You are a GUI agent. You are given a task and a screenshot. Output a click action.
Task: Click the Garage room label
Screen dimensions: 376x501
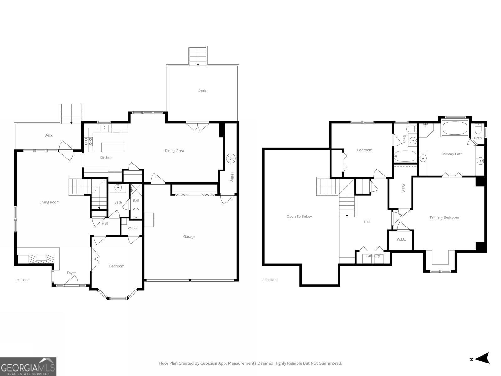click(x=189, y=237)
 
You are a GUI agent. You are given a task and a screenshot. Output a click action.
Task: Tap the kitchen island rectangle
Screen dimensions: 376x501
click(x=113, y=147)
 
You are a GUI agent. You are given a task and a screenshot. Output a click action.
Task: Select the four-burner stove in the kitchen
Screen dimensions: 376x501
click(x=88, y=142)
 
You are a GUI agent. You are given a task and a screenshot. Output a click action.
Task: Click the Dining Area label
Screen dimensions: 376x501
click(x=174, y=151)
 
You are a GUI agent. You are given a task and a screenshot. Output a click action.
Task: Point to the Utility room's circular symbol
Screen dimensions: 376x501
click(x=231, y=159)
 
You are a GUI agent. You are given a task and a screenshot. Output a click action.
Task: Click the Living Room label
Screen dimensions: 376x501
click(x=49, y=202)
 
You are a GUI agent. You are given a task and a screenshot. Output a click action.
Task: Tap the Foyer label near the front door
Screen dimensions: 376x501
click(x=71, y=273)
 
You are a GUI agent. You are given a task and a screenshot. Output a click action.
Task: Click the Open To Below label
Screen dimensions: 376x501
click(x=299, y=217)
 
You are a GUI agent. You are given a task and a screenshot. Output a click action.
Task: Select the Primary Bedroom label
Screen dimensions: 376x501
click(x=444, y=217)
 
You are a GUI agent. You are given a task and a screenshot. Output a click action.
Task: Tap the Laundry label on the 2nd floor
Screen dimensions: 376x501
click(x=373, y=256)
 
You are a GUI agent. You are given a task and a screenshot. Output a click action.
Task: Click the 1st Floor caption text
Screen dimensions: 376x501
click(x=22, y=280)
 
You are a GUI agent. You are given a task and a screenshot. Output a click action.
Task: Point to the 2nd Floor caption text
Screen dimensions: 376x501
click(x=270, y=280)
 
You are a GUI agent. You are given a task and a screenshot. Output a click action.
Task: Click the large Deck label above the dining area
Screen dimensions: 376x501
click(x=202, y=91)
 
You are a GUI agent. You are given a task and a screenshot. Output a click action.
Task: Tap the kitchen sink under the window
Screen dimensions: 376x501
click(x=105, y=128)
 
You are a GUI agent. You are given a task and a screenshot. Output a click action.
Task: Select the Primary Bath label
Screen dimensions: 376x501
click(x=452, y=154)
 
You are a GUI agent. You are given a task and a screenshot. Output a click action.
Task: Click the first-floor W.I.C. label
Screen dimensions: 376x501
click(x=132, y=228)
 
